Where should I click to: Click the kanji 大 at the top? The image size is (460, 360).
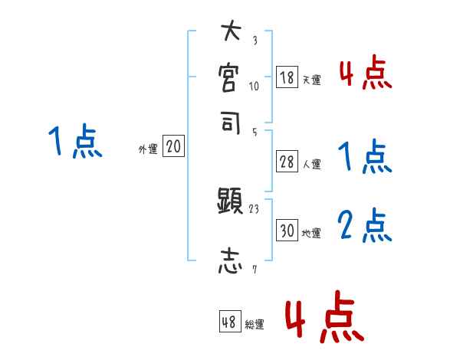230,33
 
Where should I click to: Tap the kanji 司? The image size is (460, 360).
230,122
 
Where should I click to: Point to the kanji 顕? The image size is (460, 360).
230,202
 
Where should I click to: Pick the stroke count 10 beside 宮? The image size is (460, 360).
255,86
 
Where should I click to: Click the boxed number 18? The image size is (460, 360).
287,77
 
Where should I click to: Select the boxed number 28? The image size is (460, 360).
287,161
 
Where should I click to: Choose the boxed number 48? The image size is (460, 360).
229,322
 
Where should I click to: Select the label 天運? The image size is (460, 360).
311,80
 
